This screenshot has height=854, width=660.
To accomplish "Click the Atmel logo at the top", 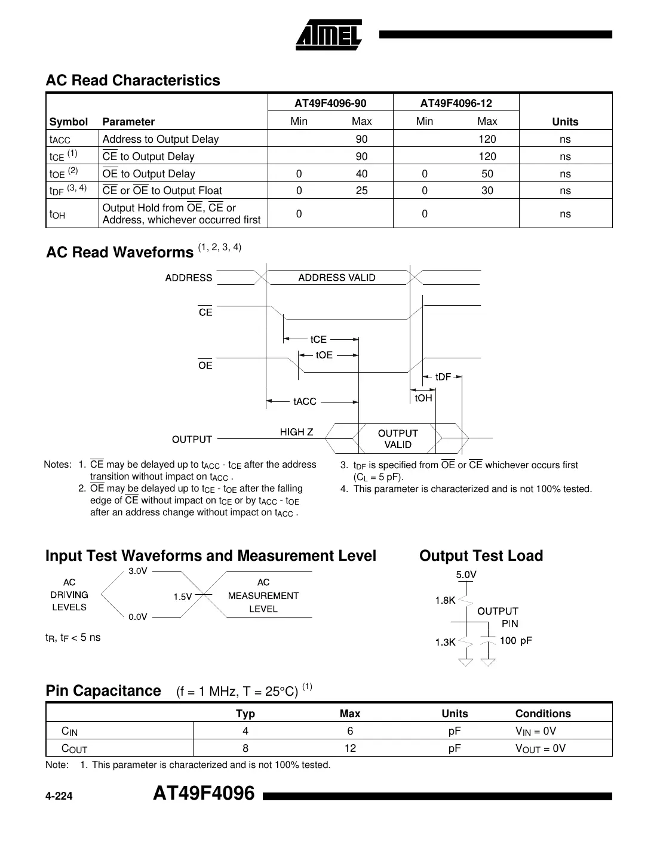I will [329, 35].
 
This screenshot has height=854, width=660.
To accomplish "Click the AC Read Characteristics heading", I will [133, 80].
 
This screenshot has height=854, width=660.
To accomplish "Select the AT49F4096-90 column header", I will [330, 103].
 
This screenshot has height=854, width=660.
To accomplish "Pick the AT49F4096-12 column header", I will [456, 103].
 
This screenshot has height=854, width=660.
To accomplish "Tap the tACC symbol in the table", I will [60, 139].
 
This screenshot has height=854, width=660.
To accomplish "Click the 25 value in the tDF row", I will [361, 191].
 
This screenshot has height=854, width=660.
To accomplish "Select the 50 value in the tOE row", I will [487, 174].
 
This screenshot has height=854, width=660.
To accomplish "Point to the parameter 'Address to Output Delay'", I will [161, 139].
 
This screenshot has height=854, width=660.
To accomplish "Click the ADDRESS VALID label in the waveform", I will [337, 278].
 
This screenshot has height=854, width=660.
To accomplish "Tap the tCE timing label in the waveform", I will [318, 339].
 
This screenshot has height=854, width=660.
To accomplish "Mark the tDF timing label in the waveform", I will [443, 377].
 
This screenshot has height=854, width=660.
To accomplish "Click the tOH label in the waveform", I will [423, 398].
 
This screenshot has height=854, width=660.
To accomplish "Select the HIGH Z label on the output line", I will [296, 432].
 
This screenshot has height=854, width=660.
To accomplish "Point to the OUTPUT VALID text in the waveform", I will [398, 439].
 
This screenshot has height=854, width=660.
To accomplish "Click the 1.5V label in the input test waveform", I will [183, 596].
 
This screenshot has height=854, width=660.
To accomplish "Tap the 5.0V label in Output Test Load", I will [466, 575].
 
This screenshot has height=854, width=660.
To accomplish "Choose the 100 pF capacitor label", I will [515, 640].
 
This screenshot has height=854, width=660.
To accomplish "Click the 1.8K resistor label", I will [445, 600].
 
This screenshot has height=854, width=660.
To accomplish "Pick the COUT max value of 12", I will [350, 748].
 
